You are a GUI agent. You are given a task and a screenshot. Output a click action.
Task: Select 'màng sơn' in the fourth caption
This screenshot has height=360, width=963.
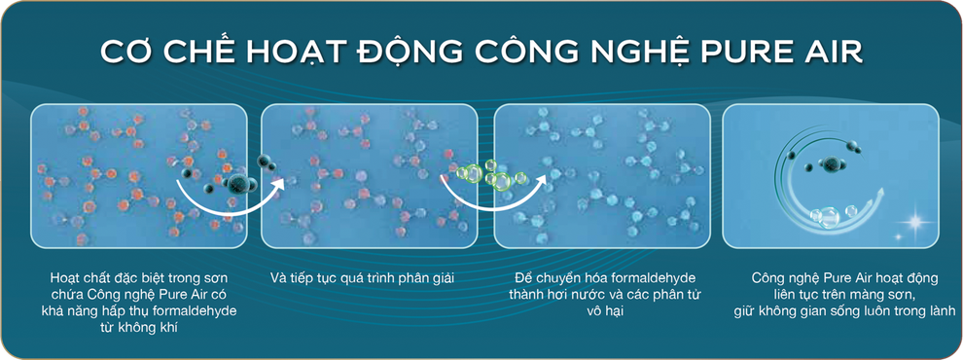tap(883, 295)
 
